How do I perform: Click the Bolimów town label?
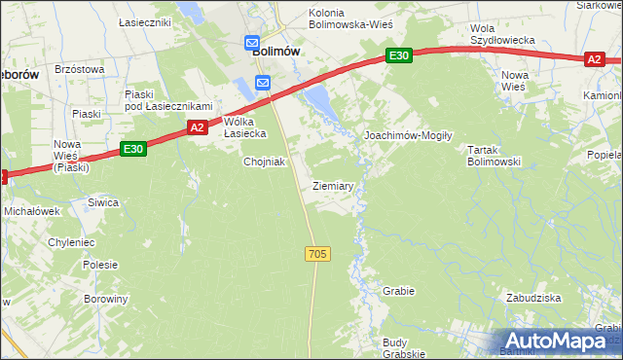pos(275,52)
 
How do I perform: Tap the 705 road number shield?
pos(317,254)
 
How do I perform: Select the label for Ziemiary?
pos(332,185)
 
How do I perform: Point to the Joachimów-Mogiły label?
pos(408,136)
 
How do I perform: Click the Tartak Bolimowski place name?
pos(495,156)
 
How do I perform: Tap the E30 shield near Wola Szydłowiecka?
pos(397,56)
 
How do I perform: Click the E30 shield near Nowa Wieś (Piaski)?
pos(133,149)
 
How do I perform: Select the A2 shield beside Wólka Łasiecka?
pos(197,127)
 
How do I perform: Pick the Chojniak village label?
pos(264,162)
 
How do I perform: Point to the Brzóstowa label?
pos(79,69)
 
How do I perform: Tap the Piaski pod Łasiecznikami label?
pos(168,99)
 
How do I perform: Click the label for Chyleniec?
pos(71,242)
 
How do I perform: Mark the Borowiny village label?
pos(105,299)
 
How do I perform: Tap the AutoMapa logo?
pos(552,342)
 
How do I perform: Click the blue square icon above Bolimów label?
pos(252,44)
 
